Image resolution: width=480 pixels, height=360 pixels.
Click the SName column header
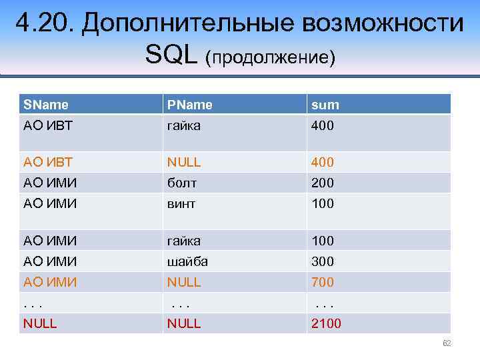[45, 104]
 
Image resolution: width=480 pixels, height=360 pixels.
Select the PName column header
[190, 104]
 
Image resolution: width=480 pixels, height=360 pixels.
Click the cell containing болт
[182, 183]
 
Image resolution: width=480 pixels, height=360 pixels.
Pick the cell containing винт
[181, 203]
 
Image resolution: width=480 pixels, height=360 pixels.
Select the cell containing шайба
[188, 261]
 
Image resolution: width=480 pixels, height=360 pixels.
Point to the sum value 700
[322, 282]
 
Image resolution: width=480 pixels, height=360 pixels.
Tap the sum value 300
[322, 261]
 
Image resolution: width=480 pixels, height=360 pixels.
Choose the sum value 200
[322, 183]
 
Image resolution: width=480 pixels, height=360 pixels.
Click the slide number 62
[447, 343]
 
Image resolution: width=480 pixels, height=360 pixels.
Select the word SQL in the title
[172, 56]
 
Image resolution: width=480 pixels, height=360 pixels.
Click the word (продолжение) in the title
[270, 57]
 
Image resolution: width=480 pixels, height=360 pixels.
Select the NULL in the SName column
[40, 323]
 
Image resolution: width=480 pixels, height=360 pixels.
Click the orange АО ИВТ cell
[48, 162]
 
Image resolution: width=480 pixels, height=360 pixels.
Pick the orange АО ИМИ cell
[50, 282]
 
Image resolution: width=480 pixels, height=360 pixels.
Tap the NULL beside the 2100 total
[184, 323]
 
